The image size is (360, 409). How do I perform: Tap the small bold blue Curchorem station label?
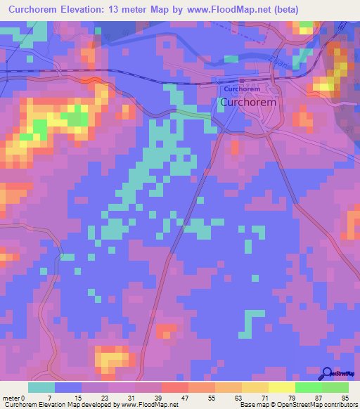(242, 90)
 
